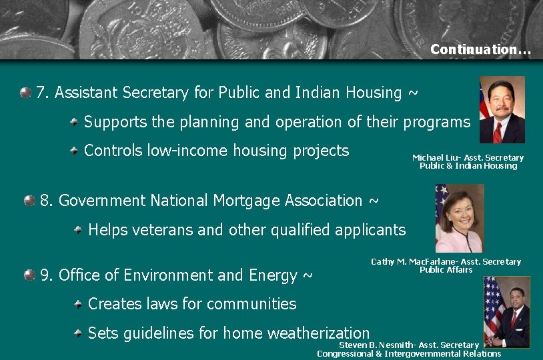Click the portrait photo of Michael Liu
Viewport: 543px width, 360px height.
[502, 109]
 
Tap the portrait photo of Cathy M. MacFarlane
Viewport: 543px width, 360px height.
[459, 218]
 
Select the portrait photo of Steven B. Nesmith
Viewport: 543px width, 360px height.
[506, 311]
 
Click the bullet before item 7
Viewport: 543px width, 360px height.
[25, 92]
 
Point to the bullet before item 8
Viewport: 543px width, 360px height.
[29, 200]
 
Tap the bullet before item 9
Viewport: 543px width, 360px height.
[29, 275]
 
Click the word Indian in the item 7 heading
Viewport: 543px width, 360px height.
[320, 93]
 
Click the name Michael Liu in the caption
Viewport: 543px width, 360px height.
[432, 158]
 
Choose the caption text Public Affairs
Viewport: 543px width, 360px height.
[446, 270]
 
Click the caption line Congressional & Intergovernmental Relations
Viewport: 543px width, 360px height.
[409, 353]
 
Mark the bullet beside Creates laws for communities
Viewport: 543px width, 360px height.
[78, 304]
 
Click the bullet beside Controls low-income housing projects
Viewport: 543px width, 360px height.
[74, 151]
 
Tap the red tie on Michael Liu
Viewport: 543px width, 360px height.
[497, 131]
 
